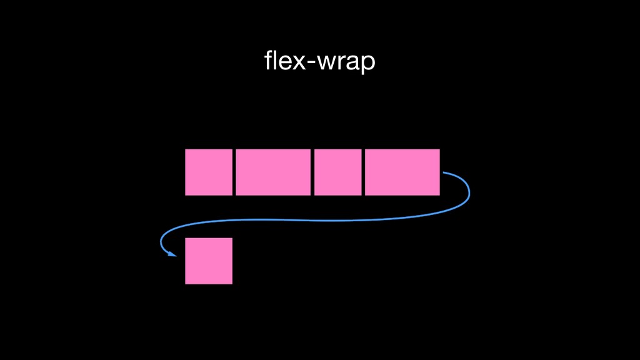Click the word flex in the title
pyautogui.click(x=284, y=61)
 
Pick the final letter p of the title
pyautogui.click(x=368, y=64)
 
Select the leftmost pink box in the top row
pyautogui.click(x=209, y=172)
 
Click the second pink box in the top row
pyautogui.click(x=273, y=172)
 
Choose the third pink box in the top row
pyautogui.click(x=338, y=172)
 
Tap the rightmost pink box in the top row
pyautogui.click(x=402, y=172)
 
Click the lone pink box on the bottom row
pyautogui.click(x=209, y=261)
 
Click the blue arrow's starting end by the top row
pyautogui.click(x=444, y=172)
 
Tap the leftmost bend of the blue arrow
pyautogui.click(x=162, y=241)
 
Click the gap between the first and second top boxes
pyautogui.click(x=234, y=172)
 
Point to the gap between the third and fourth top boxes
pyautogui.click(x=363, y=172)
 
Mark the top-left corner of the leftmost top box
pyautogui.click(x=186, y=150)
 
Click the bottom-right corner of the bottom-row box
pyautogui.click(x=232, y=283)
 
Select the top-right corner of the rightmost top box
pyautogui.click(x=439, y=150)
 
